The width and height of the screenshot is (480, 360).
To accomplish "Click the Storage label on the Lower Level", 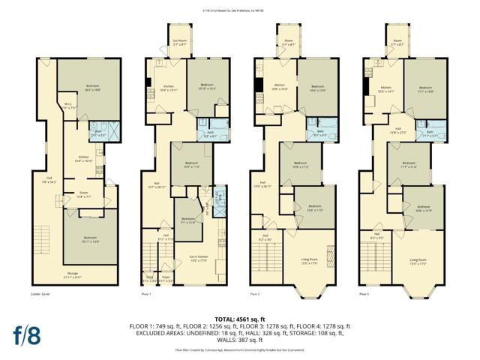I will click(73, 274).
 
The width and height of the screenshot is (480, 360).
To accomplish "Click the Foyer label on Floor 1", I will click(166, 279).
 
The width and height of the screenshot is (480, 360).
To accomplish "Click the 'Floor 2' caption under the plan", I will click(255, 295).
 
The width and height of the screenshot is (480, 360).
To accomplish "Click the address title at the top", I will click(239, 10).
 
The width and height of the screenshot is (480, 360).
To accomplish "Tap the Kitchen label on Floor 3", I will click(386, 89).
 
